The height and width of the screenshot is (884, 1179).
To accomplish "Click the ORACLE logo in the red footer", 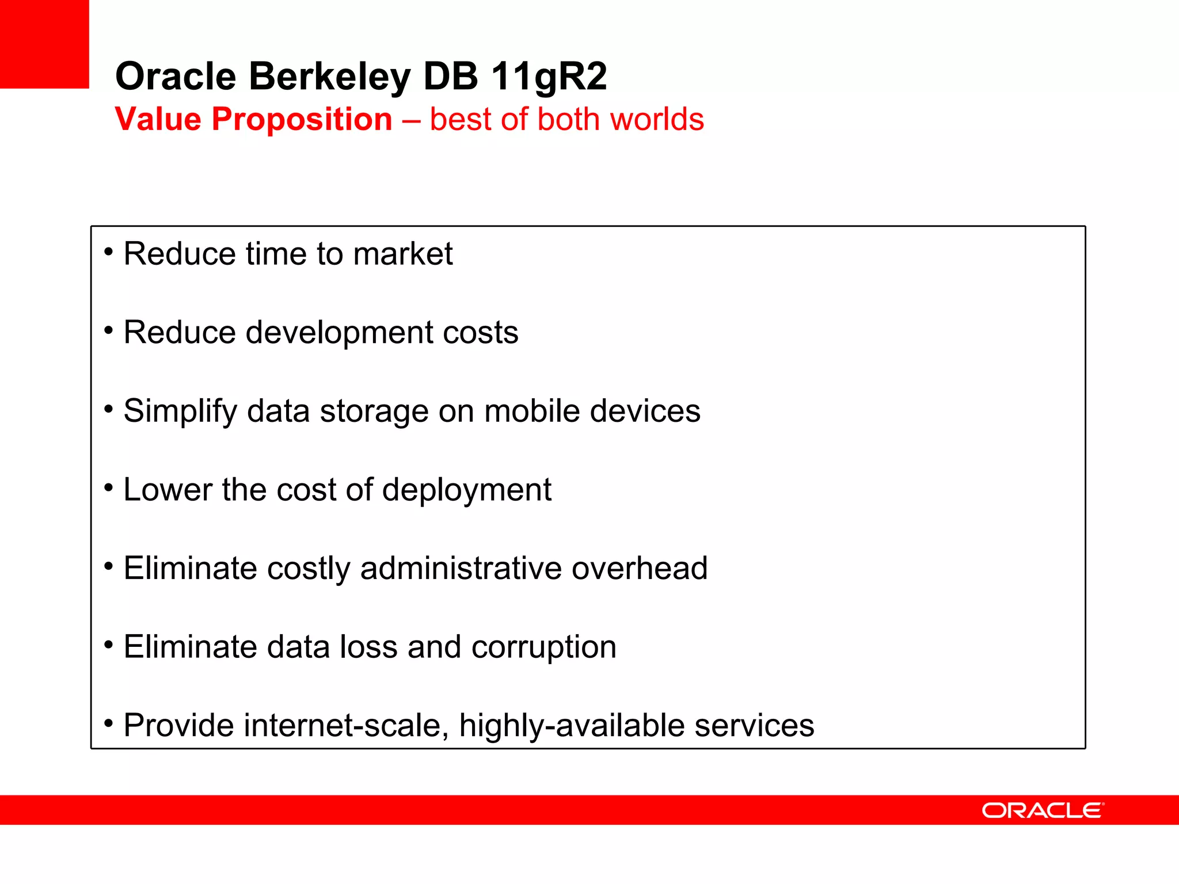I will coord(1043,810).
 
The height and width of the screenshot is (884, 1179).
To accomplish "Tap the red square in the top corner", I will coord(44,44).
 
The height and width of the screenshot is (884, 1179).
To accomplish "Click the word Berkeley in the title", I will coord(329,77).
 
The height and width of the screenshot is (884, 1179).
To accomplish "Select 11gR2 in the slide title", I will coord(549,77).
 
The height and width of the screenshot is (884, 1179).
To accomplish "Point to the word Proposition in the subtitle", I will coord(302,120).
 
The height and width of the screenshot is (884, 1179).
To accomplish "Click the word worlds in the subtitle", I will coord(657,120).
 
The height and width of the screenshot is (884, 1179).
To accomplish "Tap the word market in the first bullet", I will coord(402,254).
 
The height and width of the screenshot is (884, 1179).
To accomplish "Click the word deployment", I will coord(466,490).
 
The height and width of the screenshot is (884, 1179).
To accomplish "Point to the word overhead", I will coord(639,568).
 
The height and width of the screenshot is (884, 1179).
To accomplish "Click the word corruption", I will coord(543,647).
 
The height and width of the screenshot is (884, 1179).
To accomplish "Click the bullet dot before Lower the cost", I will coord(108,488).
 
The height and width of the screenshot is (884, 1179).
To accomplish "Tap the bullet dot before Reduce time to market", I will coord(108,252).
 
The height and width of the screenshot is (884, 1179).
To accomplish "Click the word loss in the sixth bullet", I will coord(368,647).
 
